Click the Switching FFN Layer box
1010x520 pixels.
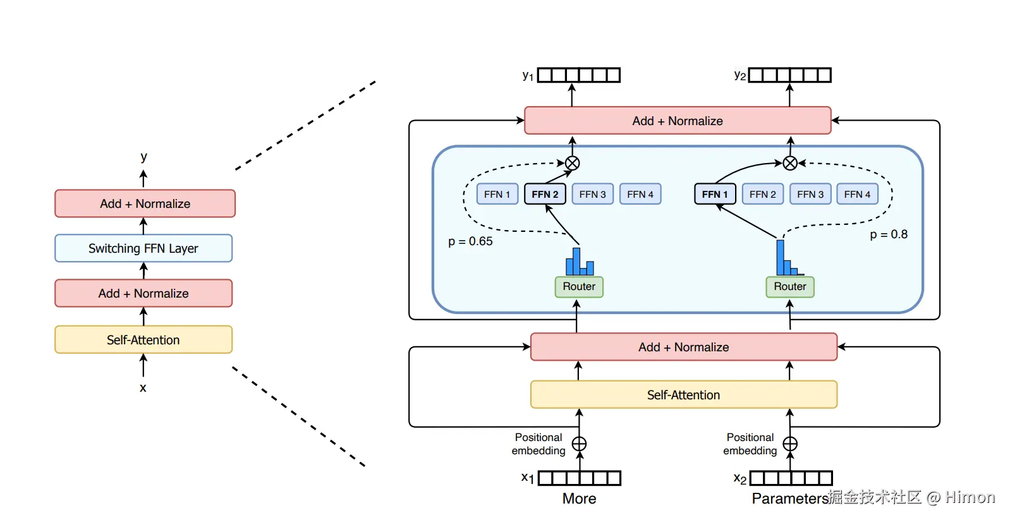tap(143, 248)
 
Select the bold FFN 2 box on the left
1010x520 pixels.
tap(545, 194)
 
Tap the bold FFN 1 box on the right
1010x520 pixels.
tap(715, 194)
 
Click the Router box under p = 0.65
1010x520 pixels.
tap(579, 287)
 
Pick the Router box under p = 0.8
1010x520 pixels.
tap(790, 287)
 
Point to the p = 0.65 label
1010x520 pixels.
tap(470, 241)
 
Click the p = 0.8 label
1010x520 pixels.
tap(889, 234)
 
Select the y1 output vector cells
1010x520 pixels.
tap(579, 75)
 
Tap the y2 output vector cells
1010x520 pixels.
tap(790, 75)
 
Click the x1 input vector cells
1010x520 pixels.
tap(580, 478)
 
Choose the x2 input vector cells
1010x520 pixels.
tap(791, 478)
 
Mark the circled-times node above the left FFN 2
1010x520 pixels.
tap(573, 164)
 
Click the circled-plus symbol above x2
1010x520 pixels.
tap(790, 444)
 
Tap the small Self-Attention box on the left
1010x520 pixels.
tap(143, 340)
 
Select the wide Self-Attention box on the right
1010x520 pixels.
tap(684, 395)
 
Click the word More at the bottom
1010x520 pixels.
tap(580, 499)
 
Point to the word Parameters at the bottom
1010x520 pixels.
tap(790, 499)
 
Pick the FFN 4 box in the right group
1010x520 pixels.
tap(857, 194)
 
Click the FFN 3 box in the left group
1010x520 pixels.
tap(592, 194)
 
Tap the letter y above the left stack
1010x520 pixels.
tap(144, 157)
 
